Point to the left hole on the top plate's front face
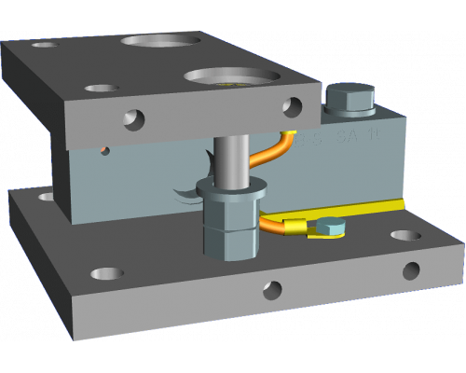point(136,118)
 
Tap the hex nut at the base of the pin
point(227,228)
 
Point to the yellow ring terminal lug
point(296,227)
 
